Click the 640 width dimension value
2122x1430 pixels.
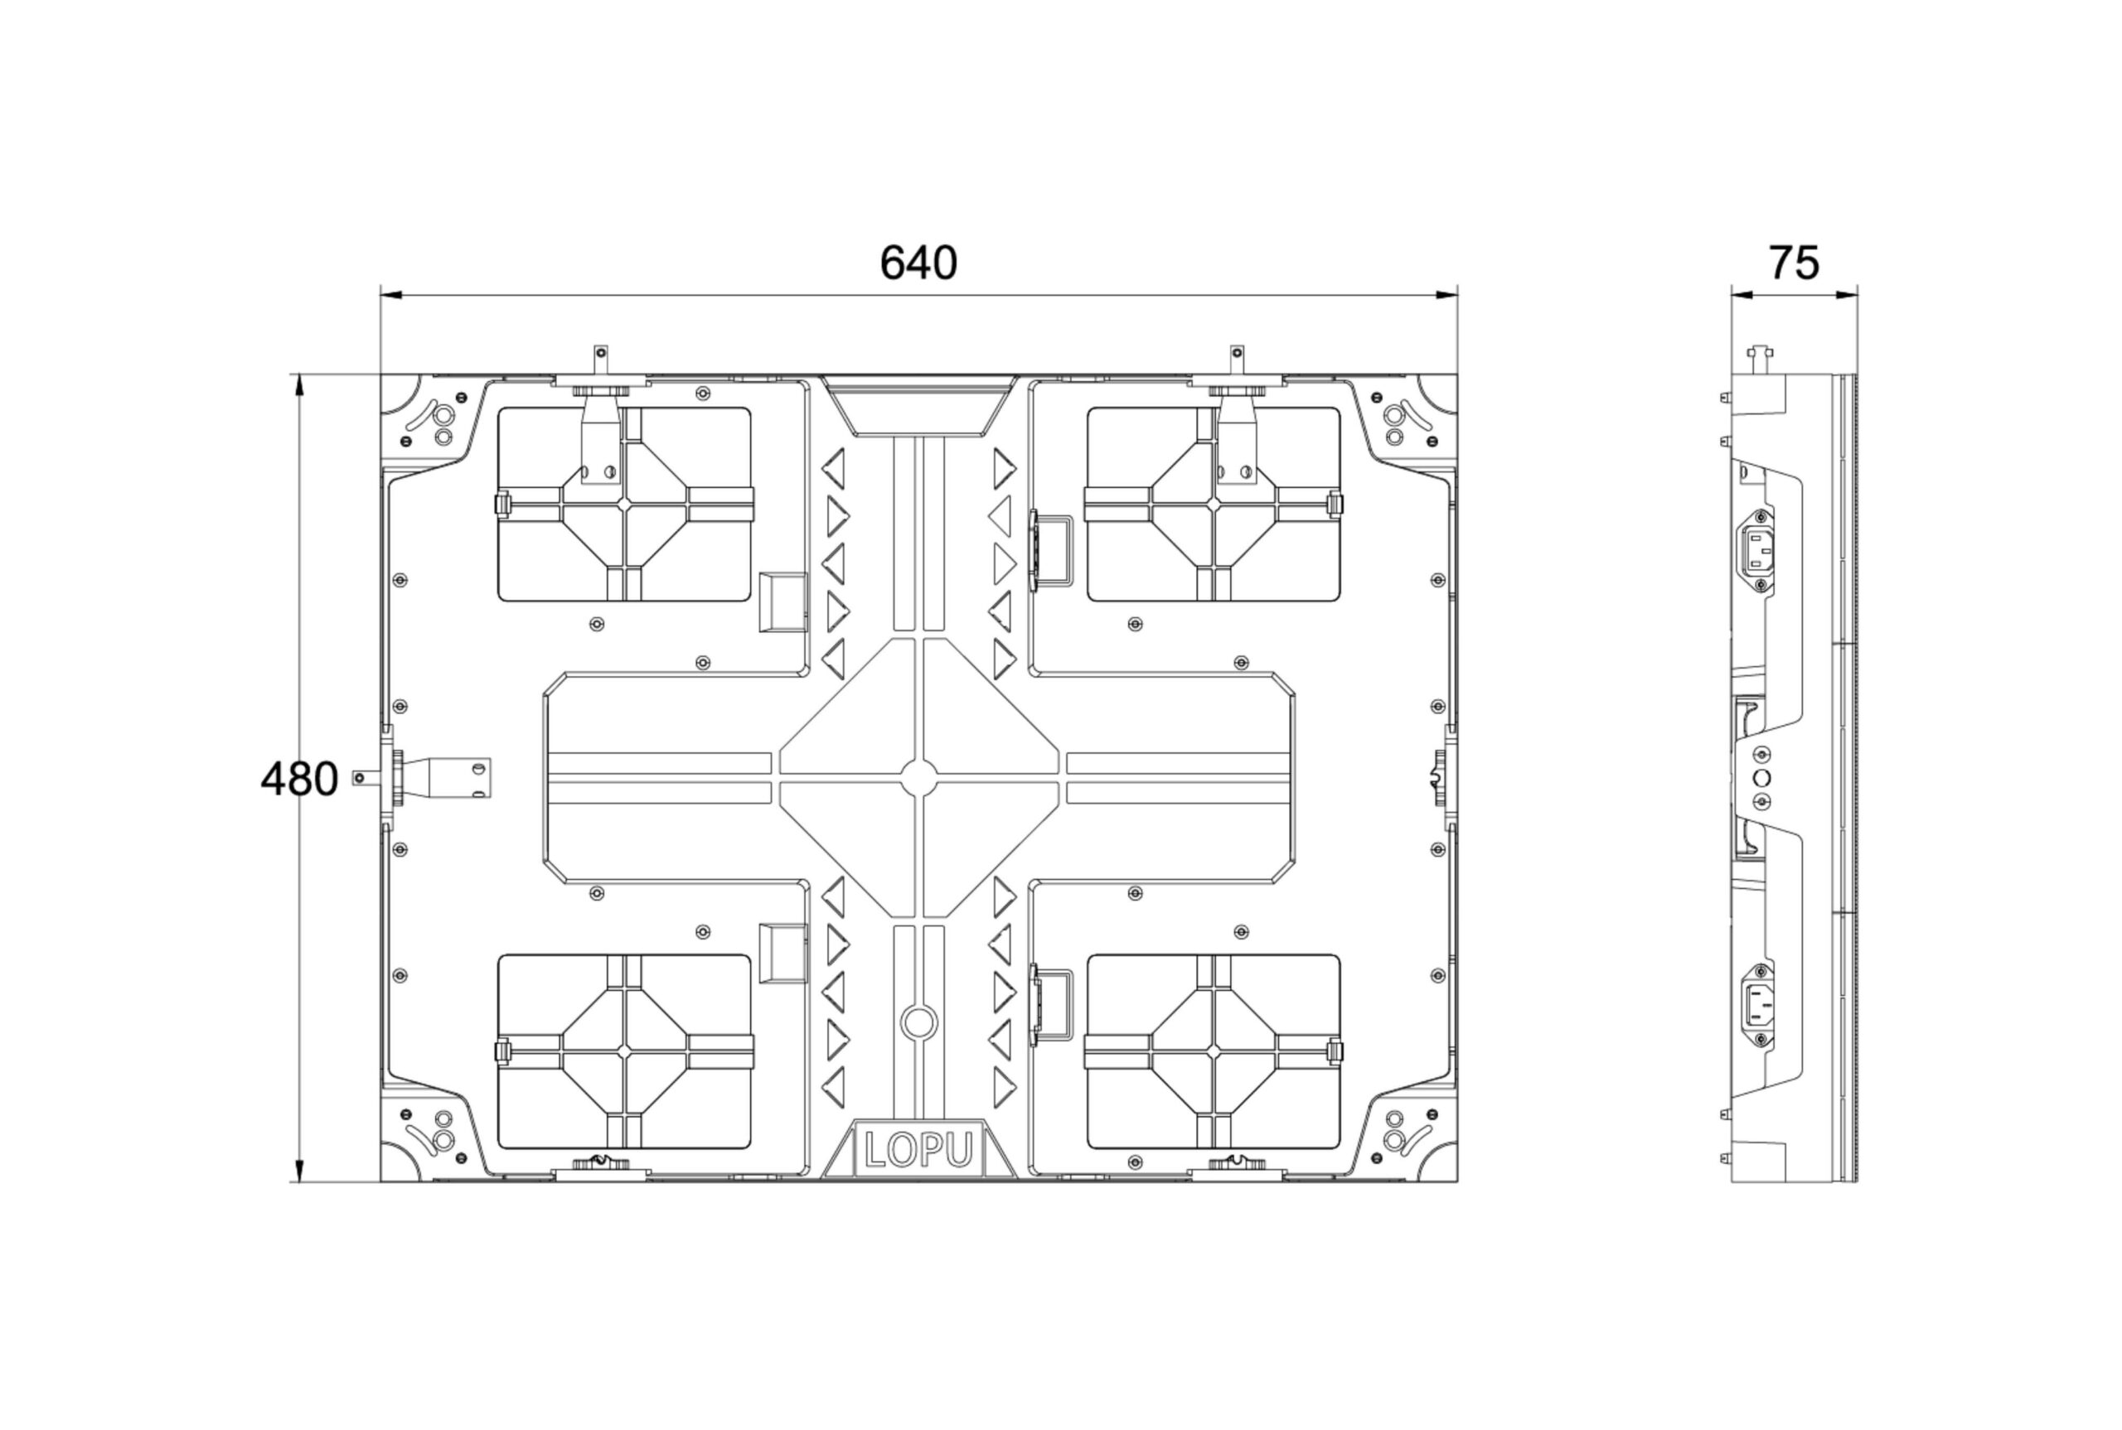click(918, 263)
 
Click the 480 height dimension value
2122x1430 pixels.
click(299, 779)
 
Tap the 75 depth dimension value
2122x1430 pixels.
click(1794, 263)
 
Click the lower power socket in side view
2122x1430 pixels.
click(1759, 1004)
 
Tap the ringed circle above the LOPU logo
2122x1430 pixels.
click(918, 1022)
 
